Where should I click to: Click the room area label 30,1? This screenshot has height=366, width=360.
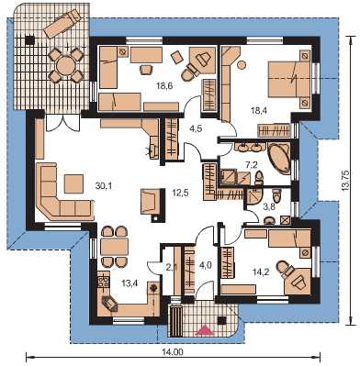click(x=104, y=185)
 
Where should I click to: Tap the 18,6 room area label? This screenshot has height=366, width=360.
click(x=164, y=86)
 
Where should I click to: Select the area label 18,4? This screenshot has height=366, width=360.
click(x=259, y=111)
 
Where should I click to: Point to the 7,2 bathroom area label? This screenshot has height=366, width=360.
click(x=251, y=165)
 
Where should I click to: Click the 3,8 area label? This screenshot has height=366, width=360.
click(x=268, y=207)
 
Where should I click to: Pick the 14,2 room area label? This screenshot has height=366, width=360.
click(x=261, y=271)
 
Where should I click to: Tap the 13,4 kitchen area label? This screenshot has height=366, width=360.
click(x=129, y=283)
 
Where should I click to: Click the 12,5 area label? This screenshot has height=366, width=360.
click(x=180, y=193)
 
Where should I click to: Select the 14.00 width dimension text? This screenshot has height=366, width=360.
click(x=176, y=352)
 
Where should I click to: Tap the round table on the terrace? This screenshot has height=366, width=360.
click(x=66, y=65)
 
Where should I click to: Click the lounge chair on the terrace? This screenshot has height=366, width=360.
click(x=62, y=24)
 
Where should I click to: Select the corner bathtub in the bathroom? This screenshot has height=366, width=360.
click(x=279, y=158)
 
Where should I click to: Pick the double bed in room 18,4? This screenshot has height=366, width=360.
click(x=290, y=80)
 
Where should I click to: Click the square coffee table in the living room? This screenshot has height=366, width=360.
click(x=73, y=183)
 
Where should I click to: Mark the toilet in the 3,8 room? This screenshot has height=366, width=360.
click(x=276, y=196)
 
